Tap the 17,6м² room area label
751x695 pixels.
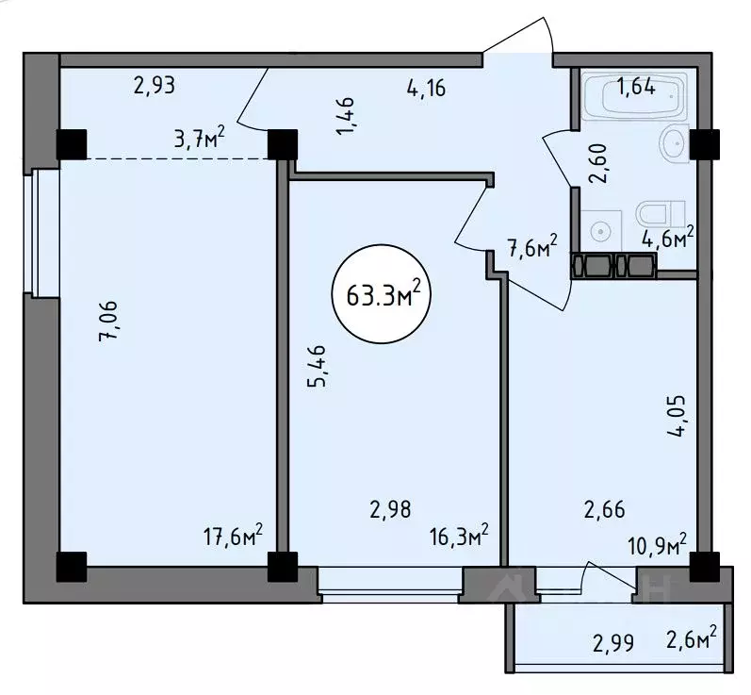[234, 536]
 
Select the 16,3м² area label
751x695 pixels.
[459, 536]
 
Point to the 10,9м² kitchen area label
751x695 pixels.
[657, 545]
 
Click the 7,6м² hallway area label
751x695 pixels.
[532, 245]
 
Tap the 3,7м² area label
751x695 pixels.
[199, 140]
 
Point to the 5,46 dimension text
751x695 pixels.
[317, 366]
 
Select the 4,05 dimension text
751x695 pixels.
[677, 416]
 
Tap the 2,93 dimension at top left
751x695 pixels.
[155, 86]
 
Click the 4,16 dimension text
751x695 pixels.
[426, 89]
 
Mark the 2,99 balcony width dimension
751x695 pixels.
[613, 643]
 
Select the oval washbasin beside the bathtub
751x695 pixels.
[676, 141]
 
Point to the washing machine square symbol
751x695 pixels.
[601, 230]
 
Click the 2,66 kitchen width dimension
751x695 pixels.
[604, 509]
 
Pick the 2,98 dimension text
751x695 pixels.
[390, 509]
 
